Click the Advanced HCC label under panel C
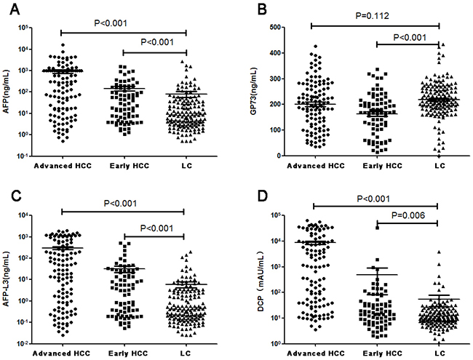[x=62, y=351]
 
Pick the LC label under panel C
[x=185, y=351]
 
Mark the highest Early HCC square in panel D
[x=378, y=227]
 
